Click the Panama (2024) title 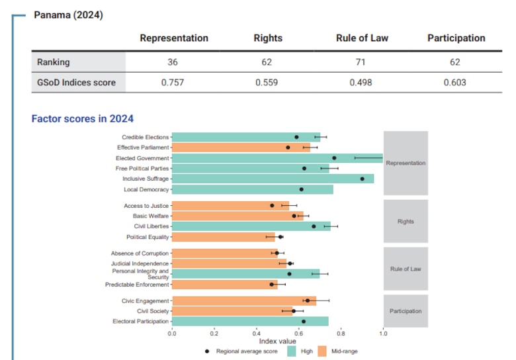click(68, 14)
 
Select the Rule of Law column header click(361, 38)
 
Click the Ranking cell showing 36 click(173, 62)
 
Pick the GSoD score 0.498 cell click(361, 83)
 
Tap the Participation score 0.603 click(456, 83)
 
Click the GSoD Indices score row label click(77, 83)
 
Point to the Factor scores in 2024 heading click(83, 119)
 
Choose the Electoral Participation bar click(250, 321)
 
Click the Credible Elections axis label click(145, 137)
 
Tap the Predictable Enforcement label click(137, 285)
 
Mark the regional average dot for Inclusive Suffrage click(363, 179)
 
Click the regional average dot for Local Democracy click(301, 189)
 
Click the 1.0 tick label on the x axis click(383, 334)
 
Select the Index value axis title click(277, 341)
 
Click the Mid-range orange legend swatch click(323, 351)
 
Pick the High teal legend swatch click(292, 351)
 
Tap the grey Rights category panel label click(406, 221)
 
